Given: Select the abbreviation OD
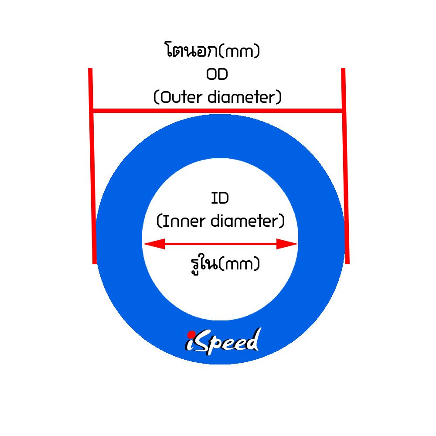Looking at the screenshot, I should (217, 75).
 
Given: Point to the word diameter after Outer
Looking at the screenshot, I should (244, 97).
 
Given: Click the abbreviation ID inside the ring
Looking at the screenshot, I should (220, 199).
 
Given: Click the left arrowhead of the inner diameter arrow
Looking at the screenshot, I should (153, 244).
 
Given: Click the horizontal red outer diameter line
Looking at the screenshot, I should (218, 111).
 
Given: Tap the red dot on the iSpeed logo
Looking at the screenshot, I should (191, 334).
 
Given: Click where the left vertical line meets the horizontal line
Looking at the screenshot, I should (92, 111).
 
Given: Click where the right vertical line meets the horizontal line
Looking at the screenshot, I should (344, 111).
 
